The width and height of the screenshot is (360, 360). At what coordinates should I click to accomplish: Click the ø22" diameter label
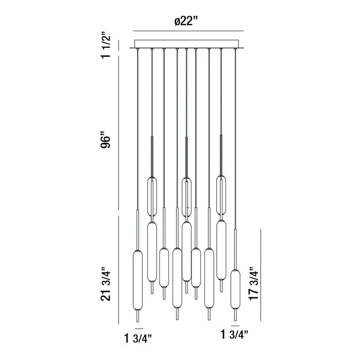click(x=189, y=22)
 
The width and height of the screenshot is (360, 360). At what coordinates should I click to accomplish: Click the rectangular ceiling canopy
click(x=189, y=44)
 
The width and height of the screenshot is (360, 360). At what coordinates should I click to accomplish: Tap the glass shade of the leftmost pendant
click(x=137, y=280)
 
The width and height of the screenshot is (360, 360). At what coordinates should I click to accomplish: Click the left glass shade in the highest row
click(x=152, y=197)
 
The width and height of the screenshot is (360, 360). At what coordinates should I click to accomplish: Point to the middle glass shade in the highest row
click(x=187, y=197)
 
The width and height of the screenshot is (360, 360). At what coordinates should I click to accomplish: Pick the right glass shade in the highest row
click(x=221, y=195)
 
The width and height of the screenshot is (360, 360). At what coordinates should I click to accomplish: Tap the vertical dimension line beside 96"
click(x=119, y=133)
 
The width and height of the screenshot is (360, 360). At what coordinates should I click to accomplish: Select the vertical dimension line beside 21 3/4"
click(x=119, y=270)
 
